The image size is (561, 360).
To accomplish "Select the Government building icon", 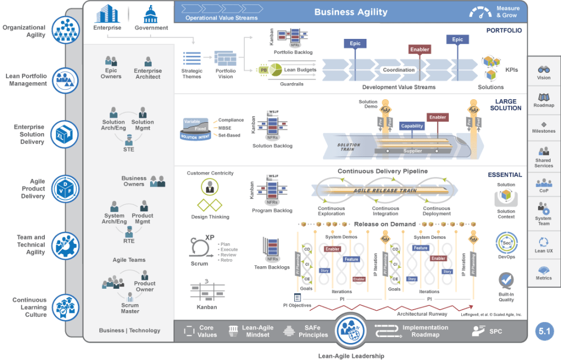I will (x=151, y=13).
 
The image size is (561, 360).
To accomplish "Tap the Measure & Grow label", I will (x=507, y=12).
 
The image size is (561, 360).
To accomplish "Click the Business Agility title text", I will (x=351, y=12).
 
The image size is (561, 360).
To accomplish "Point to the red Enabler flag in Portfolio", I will (x=420, y=50).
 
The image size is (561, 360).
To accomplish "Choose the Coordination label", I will (x=398, y=70).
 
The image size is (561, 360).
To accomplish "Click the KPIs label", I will (x=512, y=70).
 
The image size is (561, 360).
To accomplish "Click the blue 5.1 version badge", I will (x=545, y=331).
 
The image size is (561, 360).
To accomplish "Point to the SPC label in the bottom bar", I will (x=495, y=332).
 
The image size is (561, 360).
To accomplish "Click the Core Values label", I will (x=206, y=332).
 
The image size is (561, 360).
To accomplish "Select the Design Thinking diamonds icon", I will (x=210, y=205).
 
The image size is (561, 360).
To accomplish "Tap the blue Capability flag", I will (x=412, y=126).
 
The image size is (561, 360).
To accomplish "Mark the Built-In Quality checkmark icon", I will (x=506, y=281).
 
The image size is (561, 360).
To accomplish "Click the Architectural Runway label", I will (x=422, y=314).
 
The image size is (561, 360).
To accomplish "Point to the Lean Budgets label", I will (x=300, y=70).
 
